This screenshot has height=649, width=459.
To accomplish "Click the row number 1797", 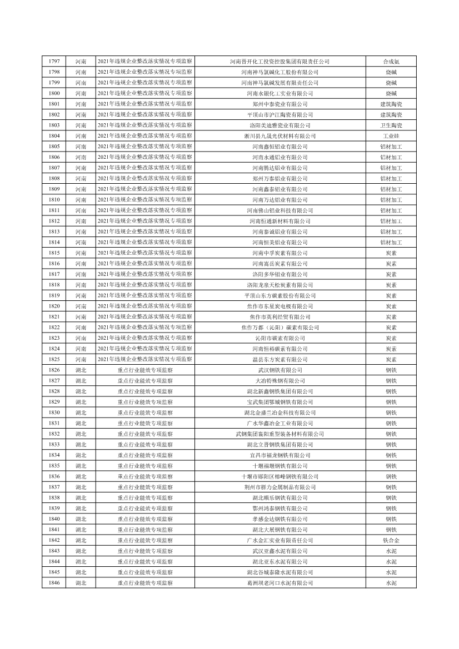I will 54,62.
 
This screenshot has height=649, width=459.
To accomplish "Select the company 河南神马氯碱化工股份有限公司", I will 280,72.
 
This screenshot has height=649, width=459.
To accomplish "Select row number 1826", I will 54,370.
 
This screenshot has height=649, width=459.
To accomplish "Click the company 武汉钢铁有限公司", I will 280,370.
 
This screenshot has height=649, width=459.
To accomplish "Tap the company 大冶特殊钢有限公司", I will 280,381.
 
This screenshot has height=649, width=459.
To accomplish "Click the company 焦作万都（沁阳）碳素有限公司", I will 280,328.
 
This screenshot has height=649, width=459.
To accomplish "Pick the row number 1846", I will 54,583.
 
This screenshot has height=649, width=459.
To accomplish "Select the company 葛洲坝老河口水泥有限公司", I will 280,583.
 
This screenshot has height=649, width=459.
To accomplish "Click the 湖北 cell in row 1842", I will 81,540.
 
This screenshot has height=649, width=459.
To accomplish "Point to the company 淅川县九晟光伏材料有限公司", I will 280,136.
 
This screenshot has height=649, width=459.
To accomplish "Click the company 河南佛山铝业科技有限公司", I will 280,210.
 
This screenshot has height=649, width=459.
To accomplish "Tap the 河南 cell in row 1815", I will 81,253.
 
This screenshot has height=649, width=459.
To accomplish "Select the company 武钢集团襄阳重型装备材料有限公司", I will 280,434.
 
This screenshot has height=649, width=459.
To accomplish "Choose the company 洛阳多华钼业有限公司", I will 280,274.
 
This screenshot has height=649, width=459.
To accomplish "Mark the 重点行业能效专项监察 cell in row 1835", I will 145,466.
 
